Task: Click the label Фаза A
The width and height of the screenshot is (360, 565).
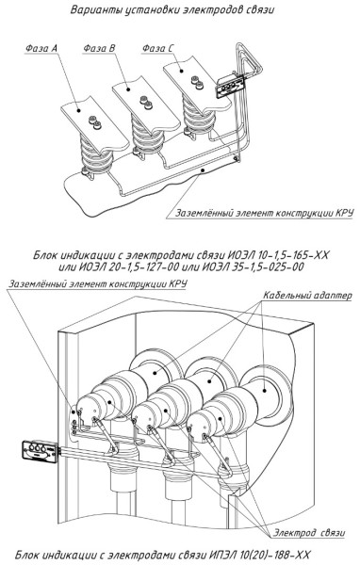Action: tap(41, 48)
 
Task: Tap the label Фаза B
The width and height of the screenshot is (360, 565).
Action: tap(99, 48)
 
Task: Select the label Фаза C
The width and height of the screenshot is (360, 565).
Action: tap(157, 48)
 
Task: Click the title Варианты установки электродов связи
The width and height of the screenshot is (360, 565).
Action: tap(172, 9)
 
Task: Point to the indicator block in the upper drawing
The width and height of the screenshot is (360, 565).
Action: tap(230, 86)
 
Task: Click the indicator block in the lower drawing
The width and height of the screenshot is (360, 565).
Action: tap(40, 450)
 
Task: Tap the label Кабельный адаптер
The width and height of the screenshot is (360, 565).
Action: tap(307, 296)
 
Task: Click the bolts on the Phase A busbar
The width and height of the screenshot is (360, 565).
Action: tap(95, 122)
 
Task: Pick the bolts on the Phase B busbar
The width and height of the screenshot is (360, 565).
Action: tap(146, 103)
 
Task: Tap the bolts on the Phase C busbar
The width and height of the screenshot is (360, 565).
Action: tap(197, 83)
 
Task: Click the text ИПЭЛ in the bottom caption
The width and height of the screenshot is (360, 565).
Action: tap(222, 555)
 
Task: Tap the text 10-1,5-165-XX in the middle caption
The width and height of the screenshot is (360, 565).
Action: tap(293, 255)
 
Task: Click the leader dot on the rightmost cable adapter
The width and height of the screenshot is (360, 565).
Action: tap(265, 390)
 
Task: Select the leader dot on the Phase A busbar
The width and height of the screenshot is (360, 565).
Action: tap(78, 110)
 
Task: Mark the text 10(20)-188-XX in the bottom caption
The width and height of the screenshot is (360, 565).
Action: tap(274, 555)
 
